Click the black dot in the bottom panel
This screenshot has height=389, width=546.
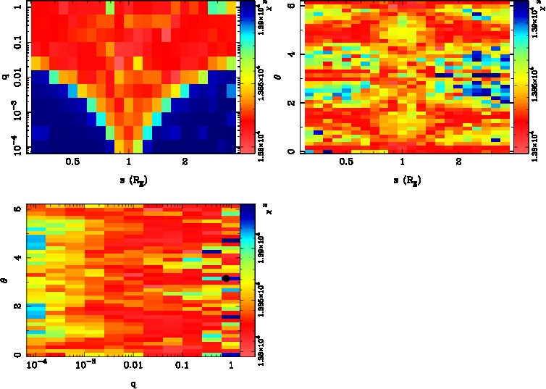(x=226, y=278)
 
